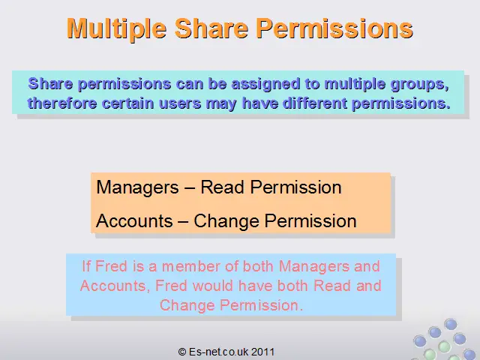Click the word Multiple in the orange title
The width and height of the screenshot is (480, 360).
click(x=117, y=29)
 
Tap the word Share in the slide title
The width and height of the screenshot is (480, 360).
click(x=211, y=28)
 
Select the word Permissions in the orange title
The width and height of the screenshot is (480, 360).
click(x=334, y=29)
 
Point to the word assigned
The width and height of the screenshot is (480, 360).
click(x=265, y=84)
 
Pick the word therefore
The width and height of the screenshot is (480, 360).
click(x=62, y=103)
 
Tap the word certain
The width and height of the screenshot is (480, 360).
click(x=127, y=103)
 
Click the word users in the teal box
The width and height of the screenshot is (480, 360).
click(x=180, y=103)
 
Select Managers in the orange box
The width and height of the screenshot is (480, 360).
click(x=137, y=187)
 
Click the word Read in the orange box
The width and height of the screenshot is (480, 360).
click(x=223, y=187)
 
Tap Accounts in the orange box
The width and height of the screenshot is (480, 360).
click(x=134, y=220)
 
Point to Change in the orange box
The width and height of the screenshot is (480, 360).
click(x=226, y=221)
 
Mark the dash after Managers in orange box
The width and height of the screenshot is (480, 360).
click(x=190, y=188)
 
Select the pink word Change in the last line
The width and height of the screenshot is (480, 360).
click(x=187, y=306)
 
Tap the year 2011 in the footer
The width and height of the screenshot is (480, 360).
click(x=262, y=352)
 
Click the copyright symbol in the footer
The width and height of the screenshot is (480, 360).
click(x=181, y=352)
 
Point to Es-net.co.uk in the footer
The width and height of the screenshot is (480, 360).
click(x=218, y=352)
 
